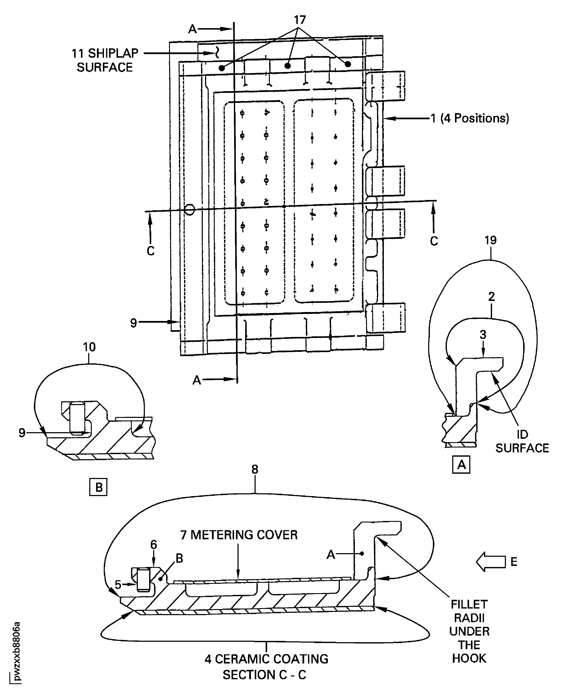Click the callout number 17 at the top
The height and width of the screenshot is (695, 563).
[x=300, y=20]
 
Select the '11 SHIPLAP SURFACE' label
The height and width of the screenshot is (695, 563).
[x=105, y=60]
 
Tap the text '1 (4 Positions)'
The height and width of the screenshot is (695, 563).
[x=470, y=118]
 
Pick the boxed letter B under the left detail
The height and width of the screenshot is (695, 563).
[x=98, y=487]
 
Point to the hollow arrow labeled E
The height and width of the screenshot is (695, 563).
[x=491, y=561]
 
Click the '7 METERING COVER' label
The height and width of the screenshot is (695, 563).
[x=239, y=535]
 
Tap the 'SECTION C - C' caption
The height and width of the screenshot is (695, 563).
[x=264, y=675]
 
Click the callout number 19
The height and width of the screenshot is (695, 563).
[x=490, y=240]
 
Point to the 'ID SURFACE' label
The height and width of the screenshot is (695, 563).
[x=522, y=441]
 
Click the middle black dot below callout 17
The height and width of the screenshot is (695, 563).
[x=287, y=66]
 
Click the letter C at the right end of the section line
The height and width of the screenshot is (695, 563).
[x=434, y=241]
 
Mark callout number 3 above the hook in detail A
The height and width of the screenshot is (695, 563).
[x=483, y=335]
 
